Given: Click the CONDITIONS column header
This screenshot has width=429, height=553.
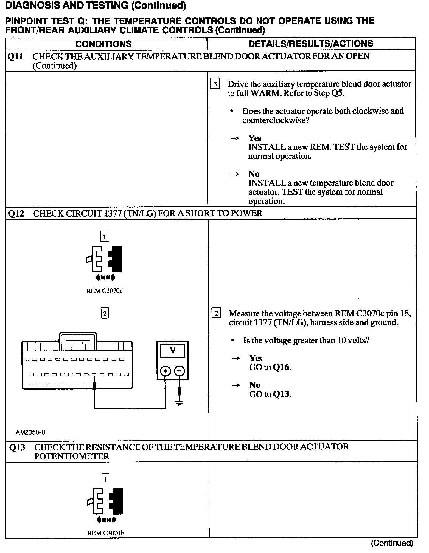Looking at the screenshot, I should (x=103, y=44).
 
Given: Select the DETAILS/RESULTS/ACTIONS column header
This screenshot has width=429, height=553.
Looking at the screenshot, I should (x=310, y=44).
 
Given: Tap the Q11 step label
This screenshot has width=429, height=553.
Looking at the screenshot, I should (x=15, y=56).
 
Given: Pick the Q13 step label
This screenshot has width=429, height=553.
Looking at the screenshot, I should (x=17, y=447).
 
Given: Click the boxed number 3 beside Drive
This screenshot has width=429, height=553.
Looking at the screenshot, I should (x=215, y=84).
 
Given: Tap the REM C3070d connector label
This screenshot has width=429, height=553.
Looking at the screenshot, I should (x=104, y=291).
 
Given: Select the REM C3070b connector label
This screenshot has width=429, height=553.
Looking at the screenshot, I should (x=105, y=533).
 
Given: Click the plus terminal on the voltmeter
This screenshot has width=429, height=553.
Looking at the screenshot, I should (x=165, y=371).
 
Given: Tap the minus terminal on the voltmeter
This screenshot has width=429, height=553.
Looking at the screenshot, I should (x=179, y=371).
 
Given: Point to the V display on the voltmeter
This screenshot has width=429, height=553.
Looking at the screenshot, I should (x=172, y=351).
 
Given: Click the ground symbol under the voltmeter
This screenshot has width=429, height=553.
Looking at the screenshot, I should (x=179, y=403).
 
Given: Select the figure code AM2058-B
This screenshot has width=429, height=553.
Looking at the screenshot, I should (x=30, y=432).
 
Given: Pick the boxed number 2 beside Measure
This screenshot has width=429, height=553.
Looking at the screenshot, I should (x=216, y=313).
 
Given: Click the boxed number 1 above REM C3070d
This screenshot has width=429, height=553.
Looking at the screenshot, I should (x=104, y=237).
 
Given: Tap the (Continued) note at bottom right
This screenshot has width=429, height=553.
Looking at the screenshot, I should (x=392, y=543).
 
